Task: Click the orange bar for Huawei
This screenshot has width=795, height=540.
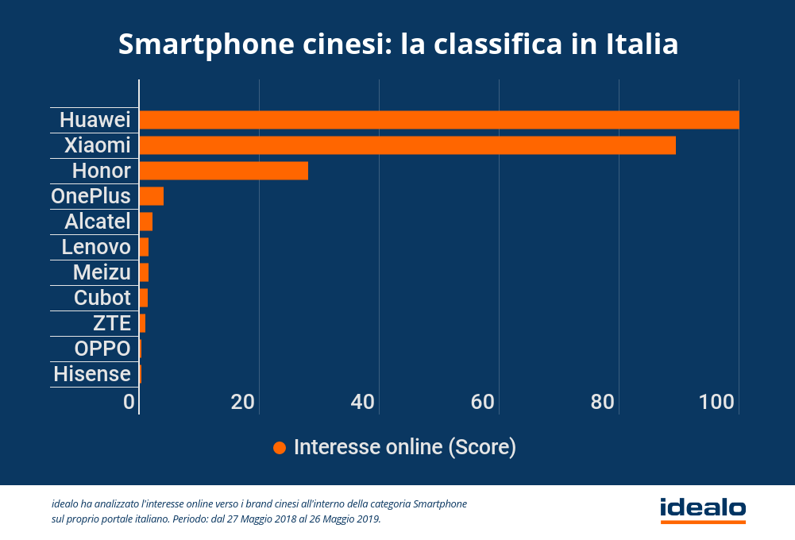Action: pyautogui.click(x=439, y=120)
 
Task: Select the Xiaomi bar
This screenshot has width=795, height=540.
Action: pyautogui.click(x=407, y=145)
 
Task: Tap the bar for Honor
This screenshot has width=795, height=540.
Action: pyautogui.click(x=224, y=171)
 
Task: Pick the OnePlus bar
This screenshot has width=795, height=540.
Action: pyautogui.click(x=152, y=196)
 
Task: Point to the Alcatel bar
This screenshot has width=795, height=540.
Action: pyautogui.click(x=146, y=222)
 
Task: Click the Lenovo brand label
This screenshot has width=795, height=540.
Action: pyautogui.click(x=96, y=247)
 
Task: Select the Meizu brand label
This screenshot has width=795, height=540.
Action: pyautogui.click(x=102, y=272)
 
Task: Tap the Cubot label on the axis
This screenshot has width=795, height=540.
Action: pyautogui.click(x=102, y=298)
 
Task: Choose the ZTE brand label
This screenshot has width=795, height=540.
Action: pyautogui.click(x=112, y=323)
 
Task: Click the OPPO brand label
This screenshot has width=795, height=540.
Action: pyautogui.click(x=102, y=349)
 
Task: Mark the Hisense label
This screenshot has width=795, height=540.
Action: pyautogui.click(x=92, y=374)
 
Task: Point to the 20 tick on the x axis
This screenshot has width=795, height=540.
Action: pyautogui.click(x=243, y=402)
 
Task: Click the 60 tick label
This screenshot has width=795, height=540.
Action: pyautogui.click(x=484, y=402)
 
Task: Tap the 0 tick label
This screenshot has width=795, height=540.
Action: pyautogui.click(x=129, y=402)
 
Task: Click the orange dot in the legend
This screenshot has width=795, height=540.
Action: pyautogui.click(x=279, y=448)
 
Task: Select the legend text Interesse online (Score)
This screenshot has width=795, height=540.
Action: pyautogui.click(x=405, y=447)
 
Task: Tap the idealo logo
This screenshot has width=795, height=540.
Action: pyautogui.click(x=702, y=508)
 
